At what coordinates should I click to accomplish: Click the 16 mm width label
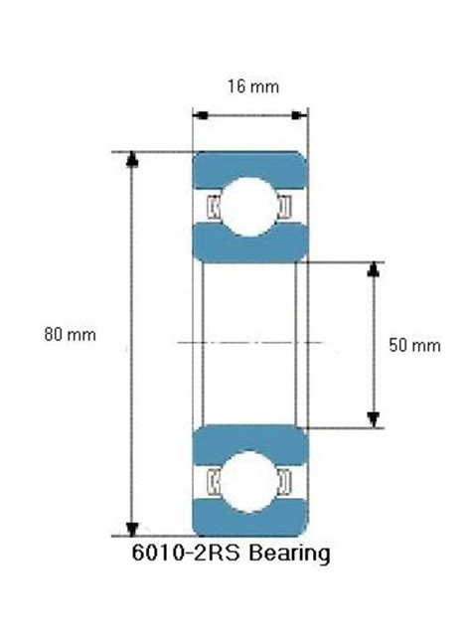pos(251,86)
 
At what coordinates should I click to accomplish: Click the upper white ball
pos(248,207)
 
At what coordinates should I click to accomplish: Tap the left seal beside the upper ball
pos(212,207)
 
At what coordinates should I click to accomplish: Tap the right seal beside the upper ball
pos(285,207)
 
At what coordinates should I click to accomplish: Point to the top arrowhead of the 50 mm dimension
pos(374,270)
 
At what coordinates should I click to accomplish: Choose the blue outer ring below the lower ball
pos(248,524)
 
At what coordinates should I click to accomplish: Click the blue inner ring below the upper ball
pos(248,246)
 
